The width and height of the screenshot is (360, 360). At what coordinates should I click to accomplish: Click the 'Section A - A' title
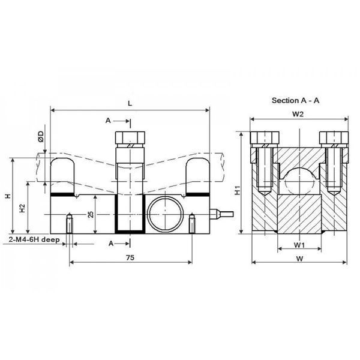pyautogui.click(x=295, y=100)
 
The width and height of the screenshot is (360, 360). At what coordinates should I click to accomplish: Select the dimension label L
pyautogui.click(x=130, y=103)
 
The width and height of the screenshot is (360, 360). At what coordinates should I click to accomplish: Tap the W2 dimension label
pyautogui.click(x=298, y=114)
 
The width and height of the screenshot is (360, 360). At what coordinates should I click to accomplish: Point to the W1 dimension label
pyautogui.click(x=299, y=245)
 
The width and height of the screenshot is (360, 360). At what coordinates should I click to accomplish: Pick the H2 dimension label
pyautogui.click(x=22, y=208)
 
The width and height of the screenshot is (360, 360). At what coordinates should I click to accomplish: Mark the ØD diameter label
pyautogui.click(x=41, y=136)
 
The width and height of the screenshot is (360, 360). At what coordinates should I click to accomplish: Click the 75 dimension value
pyautogui.click(x=130, y=257)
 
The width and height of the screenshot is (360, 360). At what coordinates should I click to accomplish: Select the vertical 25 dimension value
pyautogui.click(x=91, y=214)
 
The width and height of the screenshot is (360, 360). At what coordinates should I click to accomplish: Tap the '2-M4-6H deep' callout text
pyautogui.click(x=34, y=239)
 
